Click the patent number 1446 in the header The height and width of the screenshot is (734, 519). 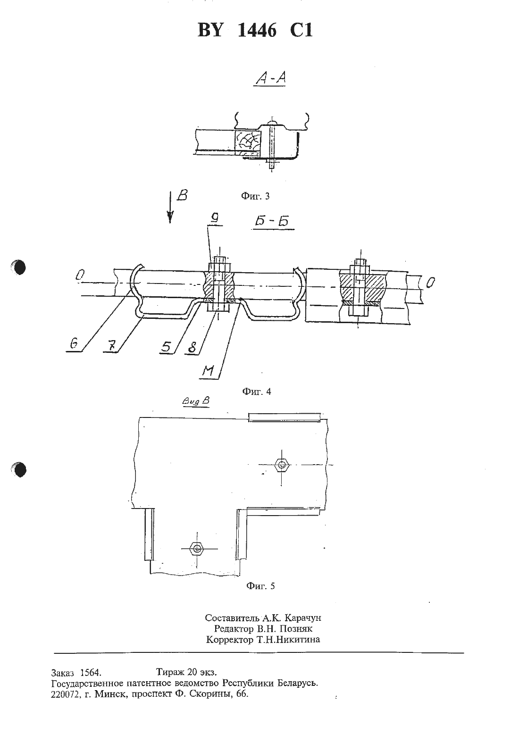pos(257,31)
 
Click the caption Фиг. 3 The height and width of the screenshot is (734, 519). pos(255,196)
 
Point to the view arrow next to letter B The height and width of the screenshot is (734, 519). pos(170,208)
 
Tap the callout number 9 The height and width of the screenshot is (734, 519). pos(215,217)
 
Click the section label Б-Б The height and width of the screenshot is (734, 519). pos(272,221)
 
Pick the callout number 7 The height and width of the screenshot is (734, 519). pos(112,346)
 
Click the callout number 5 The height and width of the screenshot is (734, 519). pos(167,347)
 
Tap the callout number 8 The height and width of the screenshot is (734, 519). pos(192,348)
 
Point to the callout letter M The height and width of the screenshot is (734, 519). pos(208,371)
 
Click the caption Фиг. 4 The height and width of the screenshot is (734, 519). pos(257,391)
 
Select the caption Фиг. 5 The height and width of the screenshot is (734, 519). pos(260,586)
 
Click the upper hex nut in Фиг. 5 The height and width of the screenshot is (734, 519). pos(282,465)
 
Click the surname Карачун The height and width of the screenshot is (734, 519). pos(303,618)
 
